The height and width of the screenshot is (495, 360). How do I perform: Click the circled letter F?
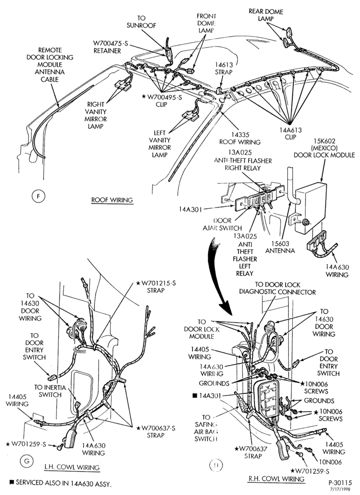[39, 197]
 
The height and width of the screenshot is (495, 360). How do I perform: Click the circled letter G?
[27, 461]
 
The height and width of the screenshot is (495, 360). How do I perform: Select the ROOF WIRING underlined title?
[112, 200]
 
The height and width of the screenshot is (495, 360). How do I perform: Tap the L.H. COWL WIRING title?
[72, 467]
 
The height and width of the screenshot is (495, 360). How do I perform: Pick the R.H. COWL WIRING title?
[276, 479]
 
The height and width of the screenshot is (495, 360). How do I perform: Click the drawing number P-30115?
[340, 483]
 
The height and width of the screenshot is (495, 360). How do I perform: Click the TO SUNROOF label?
[141, 22]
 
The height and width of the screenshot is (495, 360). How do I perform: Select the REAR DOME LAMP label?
[266, 15]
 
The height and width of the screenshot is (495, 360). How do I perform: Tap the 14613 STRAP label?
[224, 68]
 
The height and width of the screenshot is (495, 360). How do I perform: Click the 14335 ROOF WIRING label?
[240, 138]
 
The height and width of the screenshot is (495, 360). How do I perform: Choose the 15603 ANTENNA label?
[280, 247]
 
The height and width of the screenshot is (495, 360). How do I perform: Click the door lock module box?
[308, 207]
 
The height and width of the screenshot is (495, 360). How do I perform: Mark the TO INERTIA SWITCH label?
[50, 391]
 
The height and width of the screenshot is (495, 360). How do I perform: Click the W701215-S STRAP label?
[156, 287]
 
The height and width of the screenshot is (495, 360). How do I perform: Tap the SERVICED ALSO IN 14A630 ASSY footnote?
[60, 483]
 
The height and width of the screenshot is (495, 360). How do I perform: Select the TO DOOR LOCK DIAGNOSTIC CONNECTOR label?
[277, 288]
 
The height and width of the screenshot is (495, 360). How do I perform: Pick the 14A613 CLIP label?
[290, 134]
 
